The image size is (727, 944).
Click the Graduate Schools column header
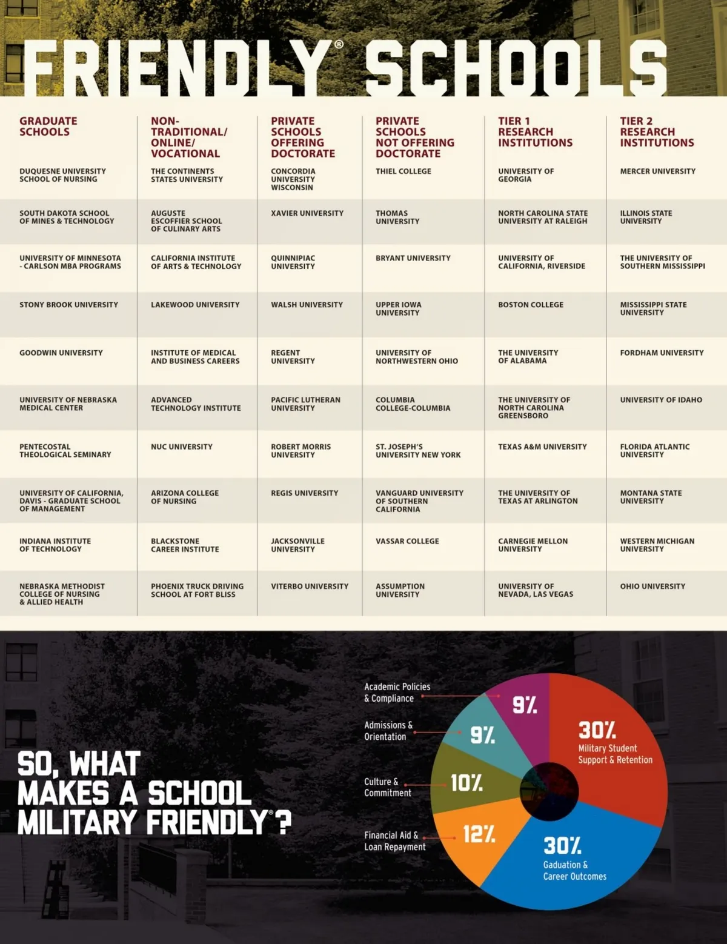(x=48, y=126)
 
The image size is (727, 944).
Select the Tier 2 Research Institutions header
(x=657, y=131)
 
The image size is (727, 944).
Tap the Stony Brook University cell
(x=68, y=305)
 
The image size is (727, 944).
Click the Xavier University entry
(x=307, y=213)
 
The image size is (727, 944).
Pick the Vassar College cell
(x=407, y=541)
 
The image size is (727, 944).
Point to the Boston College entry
(x=531, y=305)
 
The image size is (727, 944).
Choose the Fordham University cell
(x=662, y=353)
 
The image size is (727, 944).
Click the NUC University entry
(x=182, y=447)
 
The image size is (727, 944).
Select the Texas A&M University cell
(x=542, y=447)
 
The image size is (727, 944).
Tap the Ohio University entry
(x=652, y=587)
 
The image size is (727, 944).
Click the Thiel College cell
(x=403, y=171)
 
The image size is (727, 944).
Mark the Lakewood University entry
(x=195, y=305)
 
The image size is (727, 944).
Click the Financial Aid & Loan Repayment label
(x=394, y=841)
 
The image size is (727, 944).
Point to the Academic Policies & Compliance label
(x=397, y=693)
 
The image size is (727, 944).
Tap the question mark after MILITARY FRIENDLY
(x=284, y=823)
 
